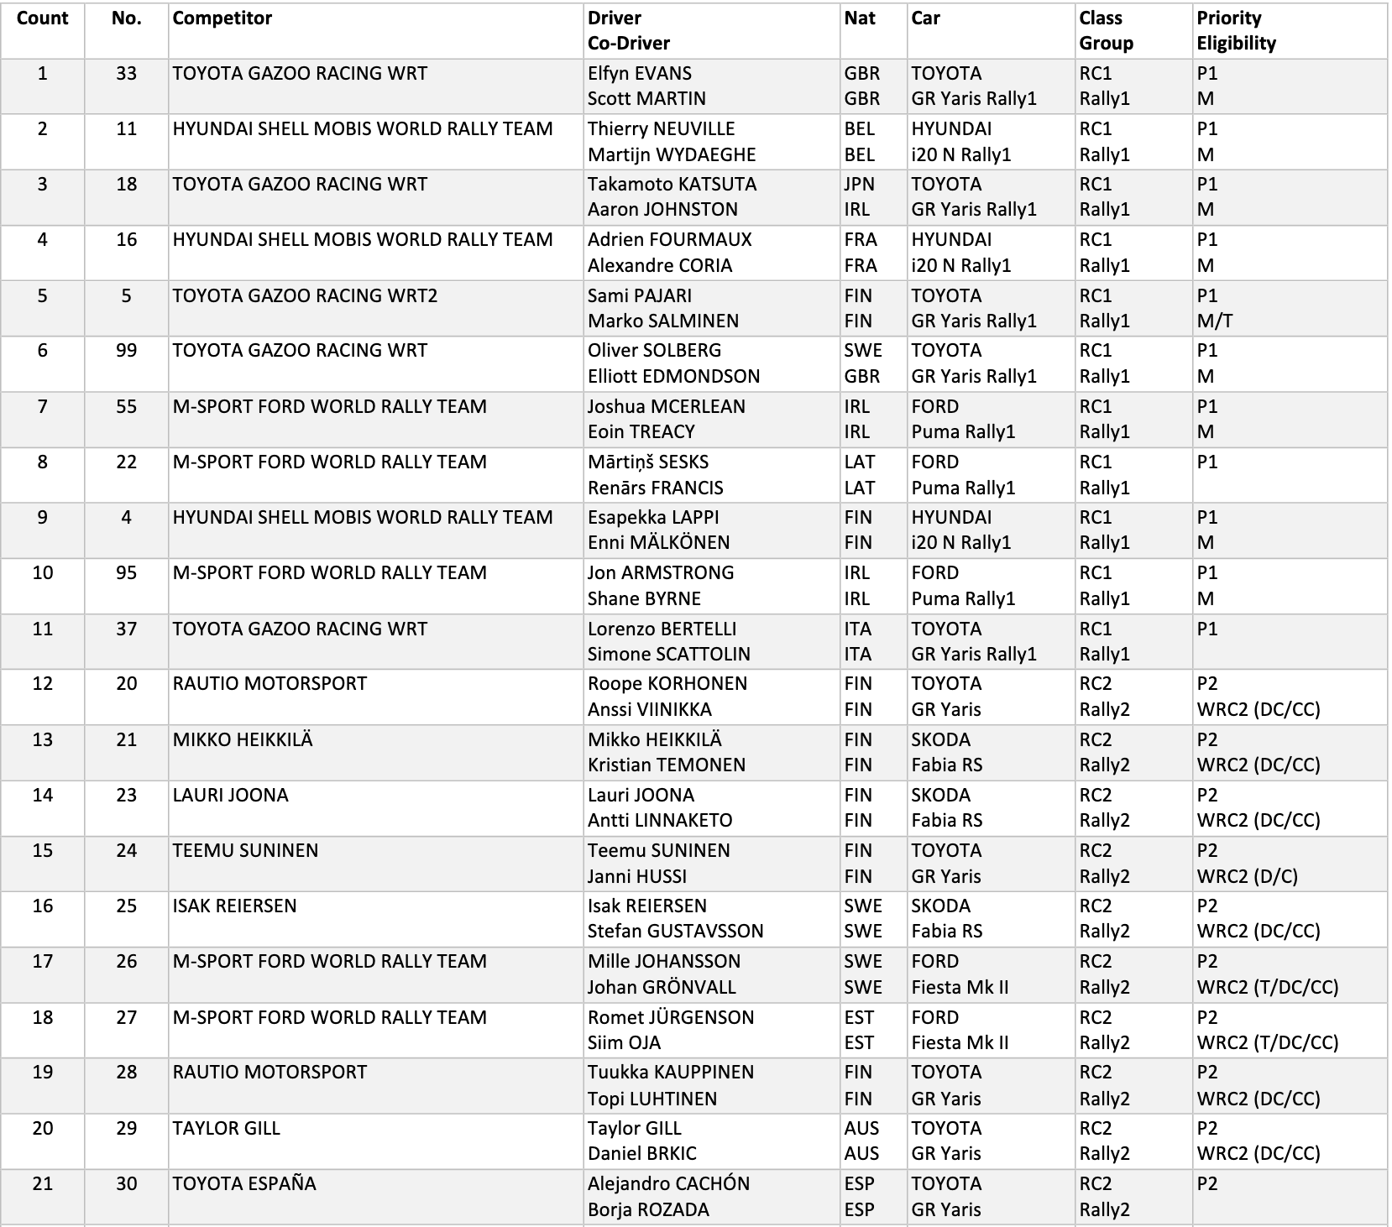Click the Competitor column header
point(222,18)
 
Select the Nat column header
point(860,18)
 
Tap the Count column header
point(42,18)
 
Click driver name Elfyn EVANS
point(640,74)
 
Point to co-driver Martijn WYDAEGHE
point(672,155)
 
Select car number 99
point(126,351)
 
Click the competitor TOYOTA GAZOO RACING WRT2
point(305,295)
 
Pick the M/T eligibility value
point(1215,321)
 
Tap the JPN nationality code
point(859,185)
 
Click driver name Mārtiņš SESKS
point(648,462)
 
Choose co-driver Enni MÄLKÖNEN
point(658,543)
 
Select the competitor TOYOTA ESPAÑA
point(244,1184)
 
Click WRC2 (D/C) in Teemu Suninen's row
point(1247,877)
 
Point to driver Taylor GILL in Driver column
point(635,1129)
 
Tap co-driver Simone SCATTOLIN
point(669,655)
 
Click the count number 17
point(42,962)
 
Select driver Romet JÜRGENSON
point(671,1018)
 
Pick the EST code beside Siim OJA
point(859,1043)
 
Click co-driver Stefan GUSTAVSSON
point(675,932)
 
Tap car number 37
point(126,629)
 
